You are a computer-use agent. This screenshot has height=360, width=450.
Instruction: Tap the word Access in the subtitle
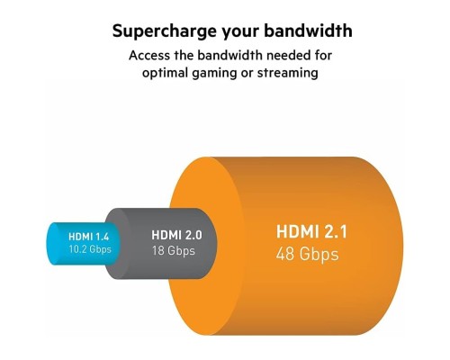pyautogui.click(x=150, y=55)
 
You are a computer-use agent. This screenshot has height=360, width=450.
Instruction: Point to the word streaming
pyautogui.click(x=286, y=73)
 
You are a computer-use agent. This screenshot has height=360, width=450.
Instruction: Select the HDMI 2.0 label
pyautogui.click(x=178, y=237)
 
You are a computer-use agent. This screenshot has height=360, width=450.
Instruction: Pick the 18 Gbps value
pyautogui.click(x=174, y=251)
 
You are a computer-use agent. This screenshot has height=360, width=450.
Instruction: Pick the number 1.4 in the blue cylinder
pyautogui.click(x=103, y=237)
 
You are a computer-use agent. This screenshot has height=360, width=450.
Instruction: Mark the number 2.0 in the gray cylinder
pyautogui.click(x=194, y=237)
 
